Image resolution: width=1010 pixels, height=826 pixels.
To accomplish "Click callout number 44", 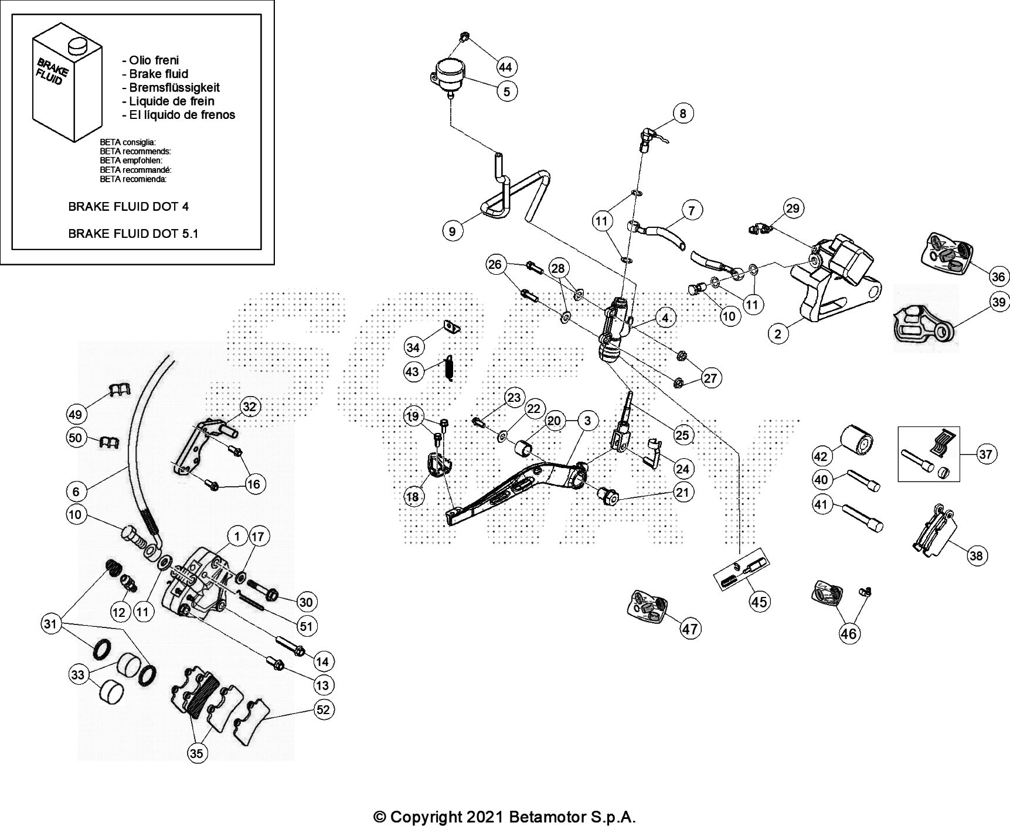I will tap(505, 67).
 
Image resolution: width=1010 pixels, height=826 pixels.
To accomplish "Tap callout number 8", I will tap(683, 112).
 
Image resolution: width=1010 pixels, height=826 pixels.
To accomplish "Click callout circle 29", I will tap(793, 209).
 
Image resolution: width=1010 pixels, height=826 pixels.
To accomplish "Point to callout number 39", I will tap(999, 302).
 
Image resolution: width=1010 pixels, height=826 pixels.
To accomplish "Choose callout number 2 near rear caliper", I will tap(778, 334).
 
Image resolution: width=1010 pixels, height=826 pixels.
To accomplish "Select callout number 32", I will tap(250, 407).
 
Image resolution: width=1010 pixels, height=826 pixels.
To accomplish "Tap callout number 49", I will tap(76, 414).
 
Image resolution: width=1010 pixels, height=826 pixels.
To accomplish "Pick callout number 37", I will tap(987, 454).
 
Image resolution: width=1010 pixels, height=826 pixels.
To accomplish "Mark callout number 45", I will tap(759, 602).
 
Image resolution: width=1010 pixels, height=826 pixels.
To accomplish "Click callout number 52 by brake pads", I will tap(323, 709).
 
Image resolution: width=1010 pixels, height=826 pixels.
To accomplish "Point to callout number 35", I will tap(197, 753).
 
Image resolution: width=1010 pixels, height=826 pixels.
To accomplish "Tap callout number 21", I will tap(682, 492).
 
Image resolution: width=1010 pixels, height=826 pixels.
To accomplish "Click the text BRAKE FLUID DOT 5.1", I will tap(133, 233).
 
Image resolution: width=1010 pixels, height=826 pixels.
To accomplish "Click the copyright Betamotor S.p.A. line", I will tap(505, 816).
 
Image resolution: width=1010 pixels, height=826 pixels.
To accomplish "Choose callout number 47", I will tap(690, 629).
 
